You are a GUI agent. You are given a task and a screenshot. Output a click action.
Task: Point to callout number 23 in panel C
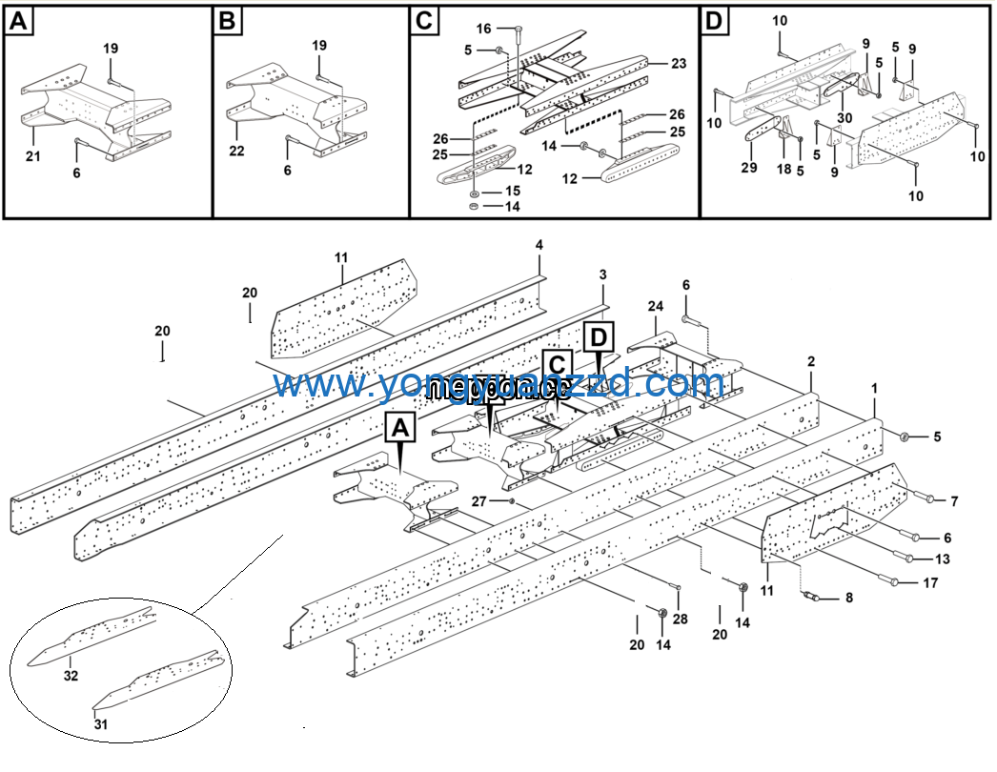679,64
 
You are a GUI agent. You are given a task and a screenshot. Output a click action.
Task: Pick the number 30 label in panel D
844,117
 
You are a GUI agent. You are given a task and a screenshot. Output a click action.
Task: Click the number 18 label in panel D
783,168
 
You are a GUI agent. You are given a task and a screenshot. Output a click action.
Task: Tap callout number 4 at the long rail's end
539,246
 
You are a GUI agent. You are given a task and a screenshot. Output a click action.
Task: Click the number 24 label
655,307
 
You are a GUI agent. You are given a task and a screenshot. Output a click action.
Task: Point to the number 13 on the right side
943,559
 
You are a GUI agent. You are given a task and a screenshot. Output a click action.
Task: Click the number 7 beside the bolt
954,500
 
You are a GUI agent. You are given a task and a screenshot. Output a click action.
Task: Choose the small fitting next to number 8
812,597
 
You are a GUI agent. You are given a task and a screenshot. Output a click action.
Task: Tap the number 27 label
480,500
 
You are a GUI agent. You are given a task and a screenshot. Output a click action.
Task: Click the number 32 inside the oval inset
71,676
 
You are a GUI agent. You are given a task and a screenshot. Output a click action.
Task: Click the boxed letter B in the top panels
226,22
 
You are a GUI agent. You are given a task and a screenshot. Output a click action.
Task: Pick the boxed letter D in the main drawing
598,336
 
